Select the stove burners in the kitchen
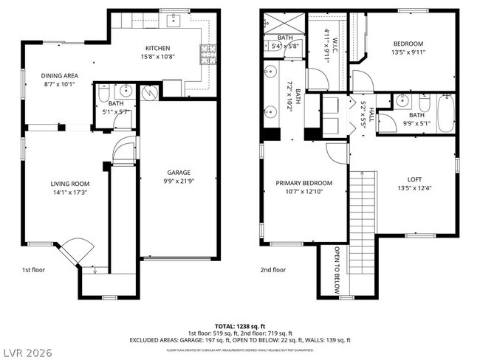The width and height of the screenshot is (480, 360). pos(207,52)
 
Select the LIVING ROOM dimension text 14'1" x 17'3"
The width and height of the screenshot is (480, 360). pos(69,193)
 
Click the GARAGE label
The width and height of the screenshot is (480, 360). pos(179,172)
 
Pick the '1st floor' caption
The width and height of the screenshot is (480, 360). pos(33,270)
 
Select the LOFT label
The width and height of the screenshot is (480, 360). pos(414,179)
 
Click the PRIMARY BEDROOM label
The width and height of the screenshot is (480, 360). pos(304,184)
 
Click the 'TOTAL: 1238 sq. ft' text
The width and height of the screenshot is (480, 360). pos(240,325)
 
